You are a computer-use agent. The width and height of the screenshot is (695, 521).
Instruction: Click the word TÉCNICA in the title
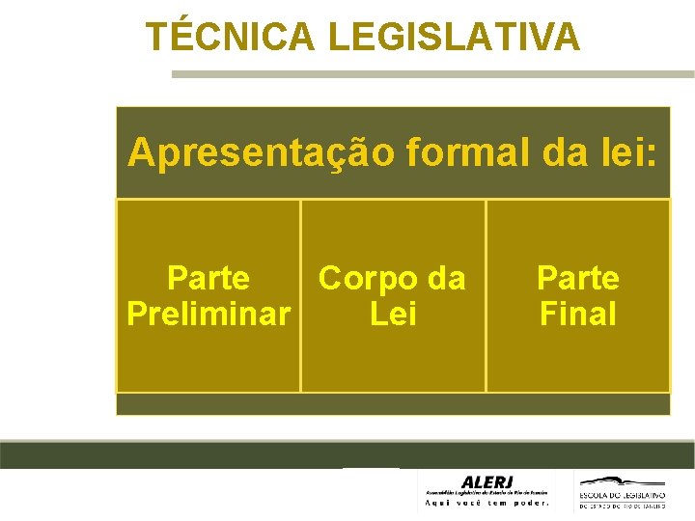(x=231, y=37)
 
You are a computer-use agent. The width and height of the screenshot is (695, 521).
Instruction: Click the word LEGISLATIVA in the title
(x=454, y=37)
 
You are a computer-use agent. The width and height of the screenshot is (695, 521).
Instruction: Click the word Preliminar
(x=208, y=314)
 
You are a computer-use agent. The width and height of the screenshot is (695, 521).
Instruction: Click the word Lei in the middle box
(x=393, y=314)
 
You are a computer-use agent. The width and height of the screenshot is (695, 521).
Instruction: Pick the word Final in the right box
(x=577, y=314)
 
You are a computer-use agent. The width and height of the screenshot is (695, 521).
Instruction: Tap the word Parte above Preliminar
(x=208, y=279)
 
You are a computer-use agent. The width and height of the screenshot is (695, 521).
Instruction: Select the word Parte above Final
(x=577, y=279)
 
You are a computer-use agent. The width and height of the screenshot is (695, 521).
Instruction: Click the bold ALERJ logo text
(x=488, y=481)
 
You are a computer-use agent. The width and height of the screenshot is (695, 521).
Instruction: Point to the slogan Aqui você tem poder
(x=488, y=503)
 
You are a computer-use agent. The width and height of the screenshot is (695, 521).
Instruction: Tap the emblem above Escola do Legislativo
(x=623, y=480)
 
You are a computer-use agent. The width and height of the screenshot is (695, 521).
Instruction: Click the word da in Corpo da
(x=445, y=279)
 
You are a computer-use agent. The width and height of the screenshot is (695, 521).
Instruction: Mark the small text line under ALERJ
(x=488, y=492)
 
